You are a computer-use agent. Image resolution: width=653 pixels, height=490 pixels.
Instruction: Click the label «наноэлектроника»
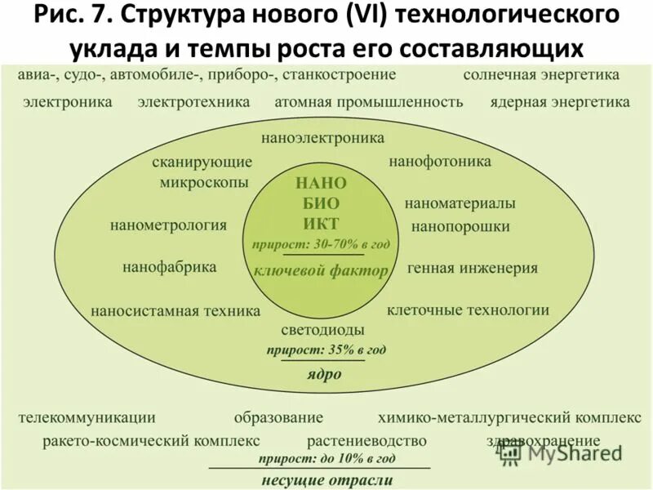pyautogui.click(x=322, y=138)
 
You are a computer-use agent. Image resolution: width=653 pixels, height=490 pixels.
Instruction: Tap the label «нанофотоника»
pyautogui.click(x=439, y=162)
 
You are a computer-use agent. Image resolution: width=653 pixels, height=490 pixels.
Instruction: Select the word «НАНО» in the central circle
pyautogui.click(x=321, y=183)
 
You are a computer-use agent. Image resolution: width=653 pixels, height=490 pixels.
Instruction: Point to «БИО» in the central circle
pyautogui.click(x=321, y=203)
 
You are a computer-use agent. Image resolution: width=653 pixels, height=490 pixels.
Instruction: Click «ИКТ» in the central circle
pyautogui.click(x=321, y=224)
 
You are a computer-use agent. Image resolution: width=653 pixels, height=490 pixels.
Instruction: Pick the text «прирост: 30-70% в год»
pyautogui.click(x=321, y=244)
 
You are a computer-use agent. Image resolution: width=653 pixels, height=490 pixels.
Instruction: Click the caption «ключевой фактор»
pyautogui.click(x=321, y=271)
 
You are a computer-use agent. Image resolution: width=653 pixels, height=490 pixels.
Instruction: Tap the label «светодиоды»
pyautogui.click(x=322, y=330)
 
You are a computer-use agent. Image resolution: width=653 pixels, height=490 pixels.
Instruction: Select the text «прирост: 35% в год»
pyautogui.click(x=325, y=350)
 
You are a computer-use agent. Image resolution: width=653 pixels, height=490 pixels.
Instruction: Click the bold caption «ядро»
pyautogui.click(x=324, y=375)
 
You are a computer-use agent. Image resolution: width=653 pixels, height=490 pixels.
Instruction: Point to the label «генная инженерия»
pyautogui.click(x=472, y=267)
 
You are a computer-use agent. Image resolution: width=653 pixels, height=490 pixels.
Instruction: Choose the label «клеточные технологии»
pyautogui.click(x=468, y=310)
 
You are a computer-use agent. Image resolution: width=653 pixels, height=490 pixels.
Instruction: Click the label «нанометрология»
pyautogui.click(x=168, y=225)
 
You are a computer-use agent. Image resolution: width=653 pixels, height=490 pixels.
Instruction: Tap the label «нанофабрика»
pyautogui.click(x=169, y=267)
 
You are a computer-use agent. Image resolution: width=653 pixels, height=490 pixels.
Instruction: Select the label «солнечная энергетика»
pyautogui.click(x=541, y=75)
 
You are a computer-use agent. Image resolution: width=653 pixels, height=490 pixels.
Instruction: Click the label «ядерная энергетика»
pyautogui.click(x=560, y=103)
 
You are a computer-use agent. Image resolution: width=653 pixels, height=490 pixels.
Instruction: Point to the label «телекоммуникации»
pyautogui.click(x=87, y=417)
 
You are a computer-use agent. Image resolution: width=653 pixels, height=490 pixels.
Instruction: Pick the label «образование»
pyautogui.click(x=278, y=417)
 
